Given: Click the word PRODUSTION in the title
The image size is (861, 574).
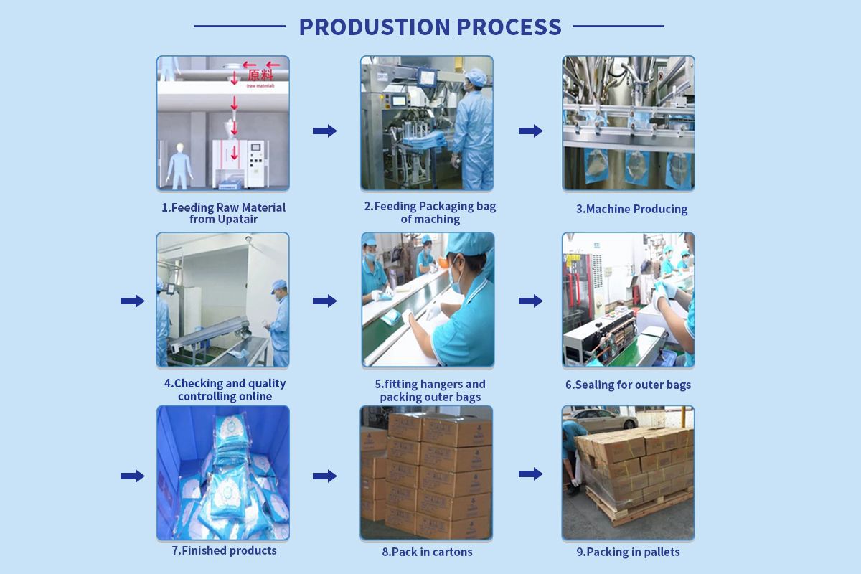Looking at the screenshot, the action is click(375, 27).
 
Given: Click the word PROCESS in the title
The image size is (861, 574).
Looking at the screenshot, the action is click(509, 27).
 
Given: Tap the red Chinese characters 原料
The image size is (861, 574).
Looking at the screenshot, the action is click(260, 75).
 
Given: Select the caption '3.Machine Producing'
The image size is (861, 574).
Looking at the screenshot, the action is click(631, 209).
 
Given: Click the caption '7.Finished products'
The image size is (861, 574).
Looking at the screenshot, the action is click(224, 550).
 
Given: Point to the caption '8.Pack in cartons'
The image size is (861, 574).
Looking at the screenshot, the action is click(427, 552).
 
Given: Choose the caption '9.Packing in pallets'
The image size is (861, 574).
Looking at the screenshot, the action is click(628, 552).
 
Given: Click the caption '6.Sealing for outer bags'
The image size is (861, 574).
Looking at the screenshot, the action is click(628, 385).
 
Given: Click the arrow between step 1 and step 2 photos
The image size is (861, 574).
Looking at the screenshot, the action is click(325, 131).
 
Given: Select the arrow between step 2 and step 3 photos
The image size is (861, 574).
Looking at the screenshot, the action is click(530, 131).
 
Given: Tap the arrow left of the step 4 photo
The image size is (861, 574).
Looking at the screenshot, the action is click(132, 301).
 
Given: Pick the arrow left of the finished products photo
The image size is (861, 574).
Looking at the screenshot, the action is click(132, 476).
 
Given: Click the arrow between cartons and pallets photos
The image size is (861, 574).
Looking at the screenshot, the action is click(530, 474).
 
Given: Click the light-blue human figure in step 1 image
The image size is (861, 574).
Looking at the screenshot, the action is click(179, 166).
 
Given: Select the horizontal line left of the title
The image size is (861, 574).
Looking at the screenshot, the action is click(240, 26).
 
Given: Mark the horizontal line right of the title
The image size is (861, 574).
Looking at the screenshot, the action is click(618, 26).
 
